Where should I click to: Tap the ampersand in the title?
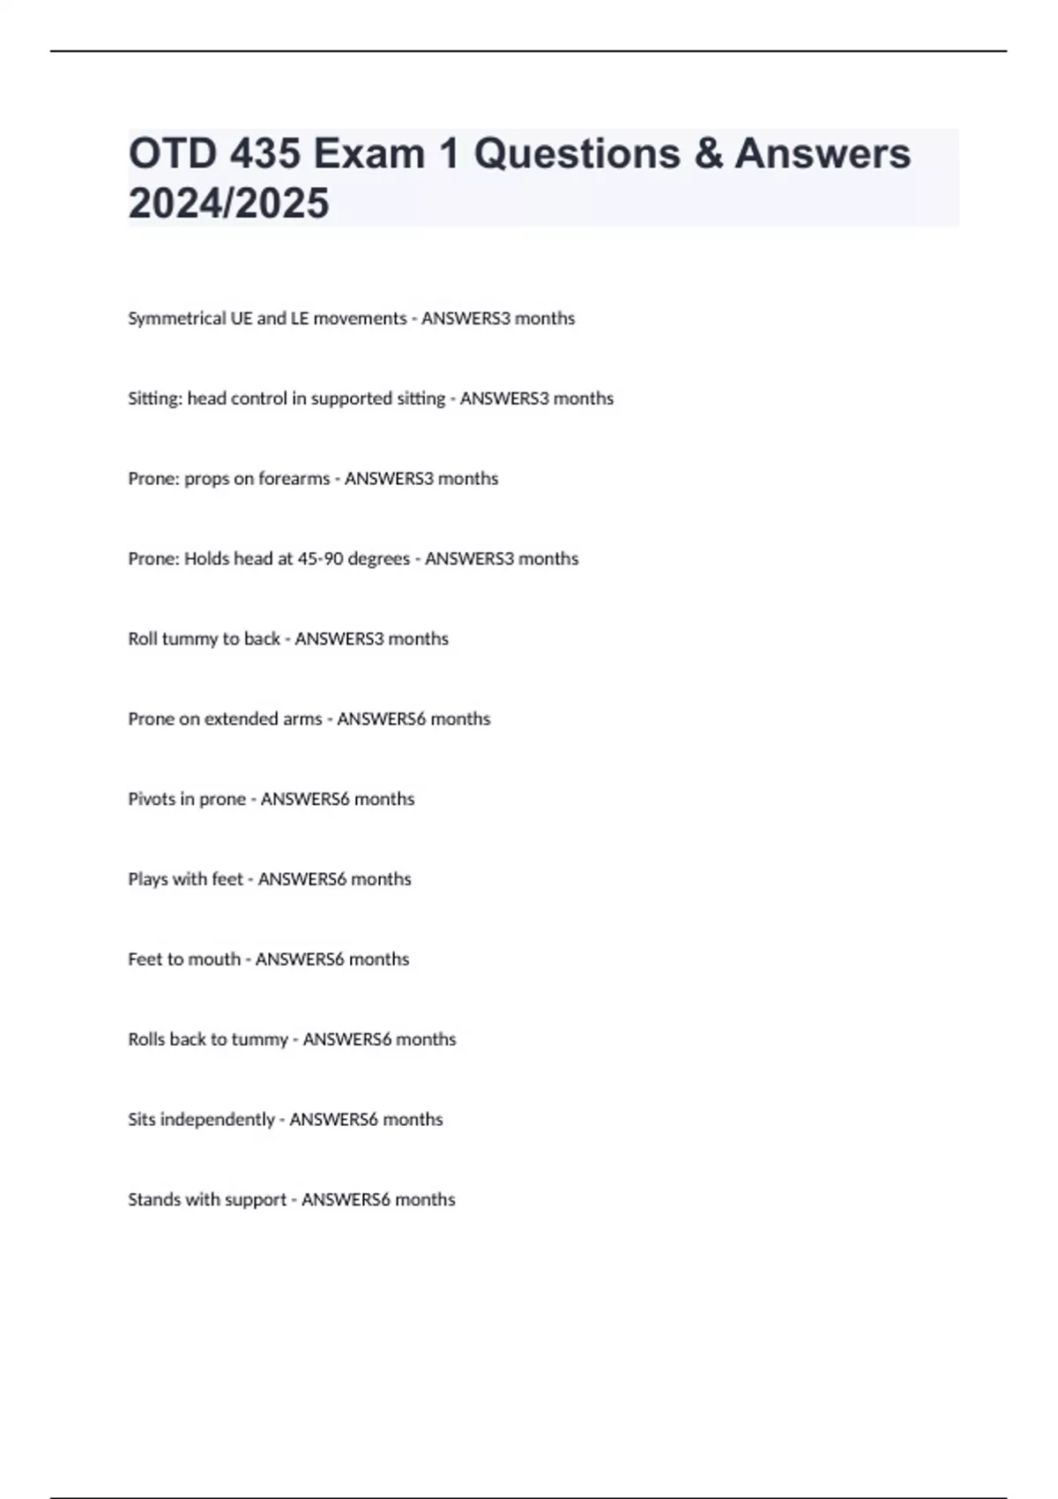[708, 153]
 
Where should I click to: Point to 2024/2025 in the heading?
[228, 204]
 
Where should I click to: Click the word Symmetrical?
[176, 318]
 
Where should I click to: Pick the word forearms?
[294, 479]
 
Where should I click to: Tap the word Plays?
[147, 879]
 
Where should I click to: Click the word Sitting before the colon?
[153, 399]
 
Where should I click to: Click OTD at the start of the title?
[173, 153]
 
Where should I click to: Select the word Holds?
[206, 559]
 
